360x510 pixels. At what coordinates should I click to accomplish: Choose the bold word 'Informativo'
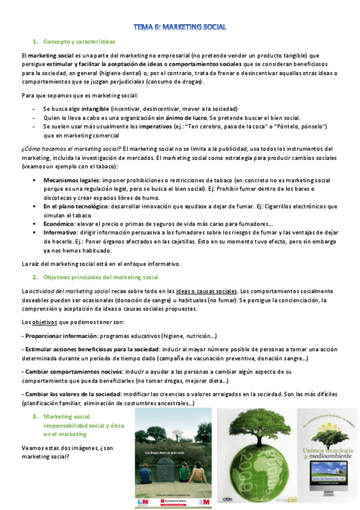[60, 233]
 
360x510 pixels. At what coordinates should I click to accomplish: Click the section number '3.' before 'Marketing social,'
[36, 417]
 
